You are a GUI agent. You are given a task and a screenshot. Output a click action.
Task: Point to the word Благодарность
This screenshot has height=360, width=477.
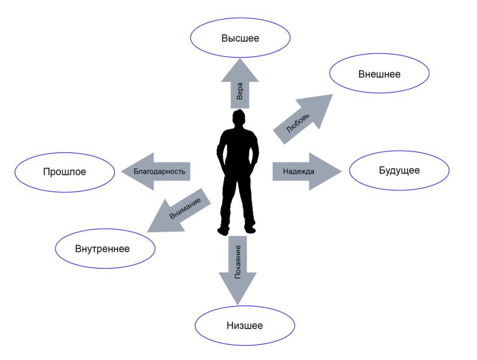coord(159,171)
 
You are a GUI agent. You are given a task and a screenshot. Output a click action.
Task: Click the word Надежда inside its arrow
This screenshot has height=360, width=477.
coord(299,171)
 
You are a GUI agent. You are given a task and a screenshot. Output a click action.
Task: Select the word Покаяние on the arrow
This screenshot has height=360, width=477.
coord(238,264)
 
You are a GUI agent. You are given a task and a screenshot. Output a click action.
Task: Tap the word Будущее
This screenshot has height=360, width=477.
coord(399,170)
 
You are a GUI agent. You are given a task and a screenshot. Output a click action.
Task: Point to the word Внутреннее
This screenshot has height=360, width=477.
coord(102,249)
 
